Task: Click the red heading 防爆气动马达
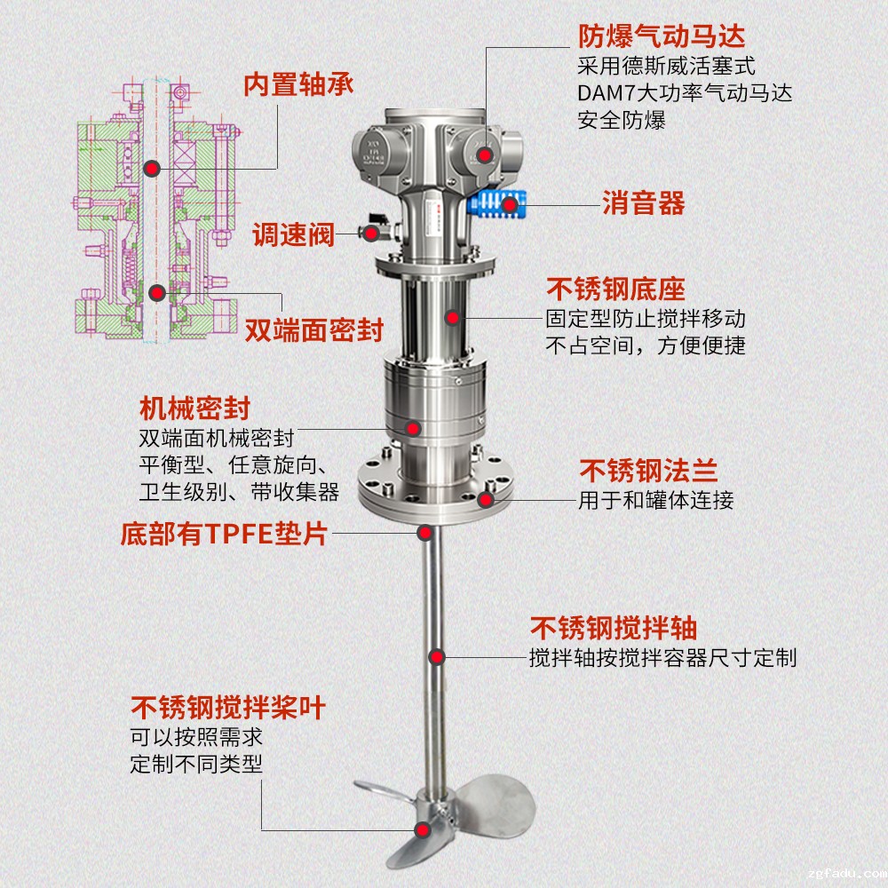[662, 36]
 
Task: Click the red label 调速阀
[292, 235]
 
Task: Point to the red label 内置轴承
[298, 84]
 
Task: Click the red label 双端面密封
[313, 330]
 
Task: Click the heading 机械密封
[194, 408]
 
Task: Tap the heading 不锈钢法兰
[648, 471]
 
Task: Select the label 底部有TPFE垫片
[224, 535]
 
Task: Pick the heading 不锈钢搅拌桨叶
[228, 708]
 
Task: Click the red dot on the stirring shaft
[437, 657]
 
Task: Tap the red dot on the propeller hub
[425, 830]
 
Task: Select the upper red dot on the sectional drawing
[153, 167]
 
